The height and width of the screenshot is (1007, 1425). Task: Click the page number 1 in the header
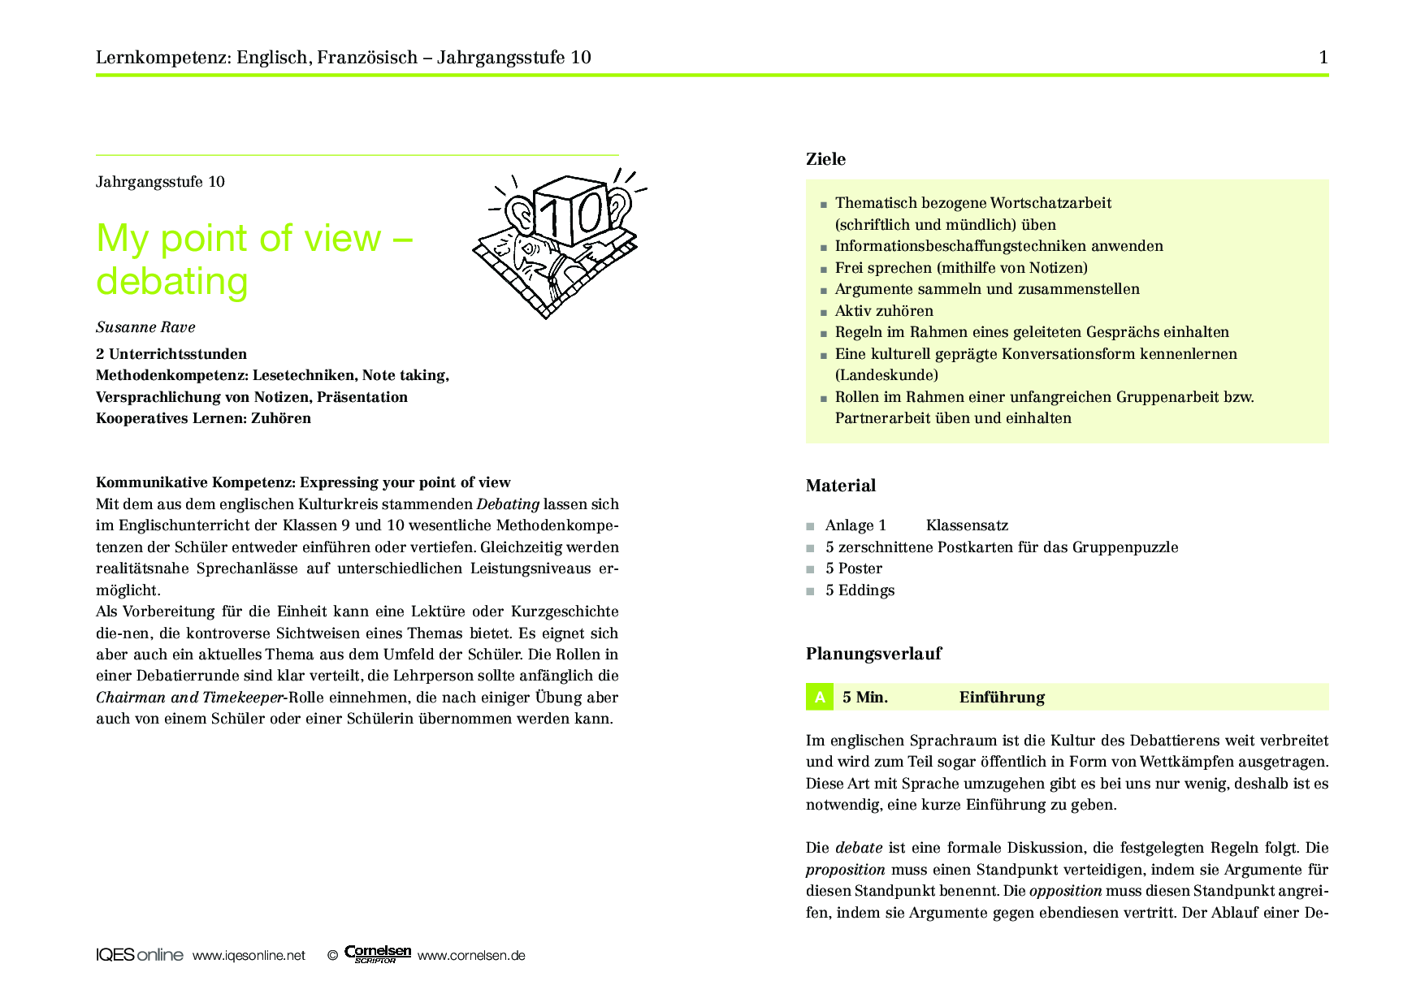pyautogui.click(x=1323, y=57)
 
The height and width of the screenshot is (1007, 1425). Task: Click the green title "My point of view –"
pyautogui.click(x=254, y=239)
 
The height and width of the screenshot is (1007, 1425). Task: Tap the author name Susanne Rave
pyautogui.click(x=145, y=327)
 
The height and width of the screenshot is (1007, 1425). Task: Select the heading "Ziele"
pyautogui.click(x=825, y=159)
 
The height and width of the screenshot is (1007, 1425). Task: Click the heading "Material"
pyautogui.click(x=840, y=486)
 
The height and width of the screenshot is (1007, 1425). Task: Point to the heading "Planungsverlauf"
pyautogui.click(x=873, y=654)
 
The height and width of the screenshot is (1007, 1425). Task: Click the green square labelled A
pyautogui.click(x=819, y=697)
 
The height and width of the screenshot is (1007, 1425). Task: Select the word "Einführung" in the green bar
pyautogui.click(x=1002, y=697)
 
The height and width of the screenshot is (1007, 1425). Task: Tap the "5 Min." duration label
pyautogui.click(x=864, y=697)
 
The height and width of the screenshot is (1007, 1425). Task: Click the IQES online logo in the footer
pyautogui.click(x=139, y=955)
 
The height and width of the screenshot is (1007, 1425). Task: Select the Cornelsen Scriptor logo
pyautogui.click(x=377, y=954)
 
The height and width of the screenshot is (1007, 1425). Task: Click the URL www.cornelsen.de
pyautogui.click(x=471, y=956)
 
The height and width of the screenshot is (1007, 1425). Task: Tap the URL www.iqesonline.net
pyautogui.click(x=249, y=956)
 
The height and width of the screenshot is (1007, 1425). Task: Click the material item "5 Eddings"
pyautogui.click(x=860, y=590)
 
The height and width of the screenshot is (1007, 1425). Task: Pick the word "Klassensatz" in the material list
pyautogui.click(x=967, y=525)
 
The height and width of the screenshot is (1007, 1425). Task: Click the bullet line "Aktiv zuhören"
pyautogui.click(x=884, y=311)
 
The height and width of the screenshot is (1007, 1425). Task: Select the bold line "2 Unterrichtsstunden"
pyautogui.click(x=171, y=354)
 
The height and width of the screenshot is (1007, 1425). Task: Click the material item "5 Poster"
pyautogui.click(x=853, y=568)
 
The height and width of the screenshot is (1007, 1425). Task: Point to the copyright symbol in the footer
pyautogui.click(x=332, y=956)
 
